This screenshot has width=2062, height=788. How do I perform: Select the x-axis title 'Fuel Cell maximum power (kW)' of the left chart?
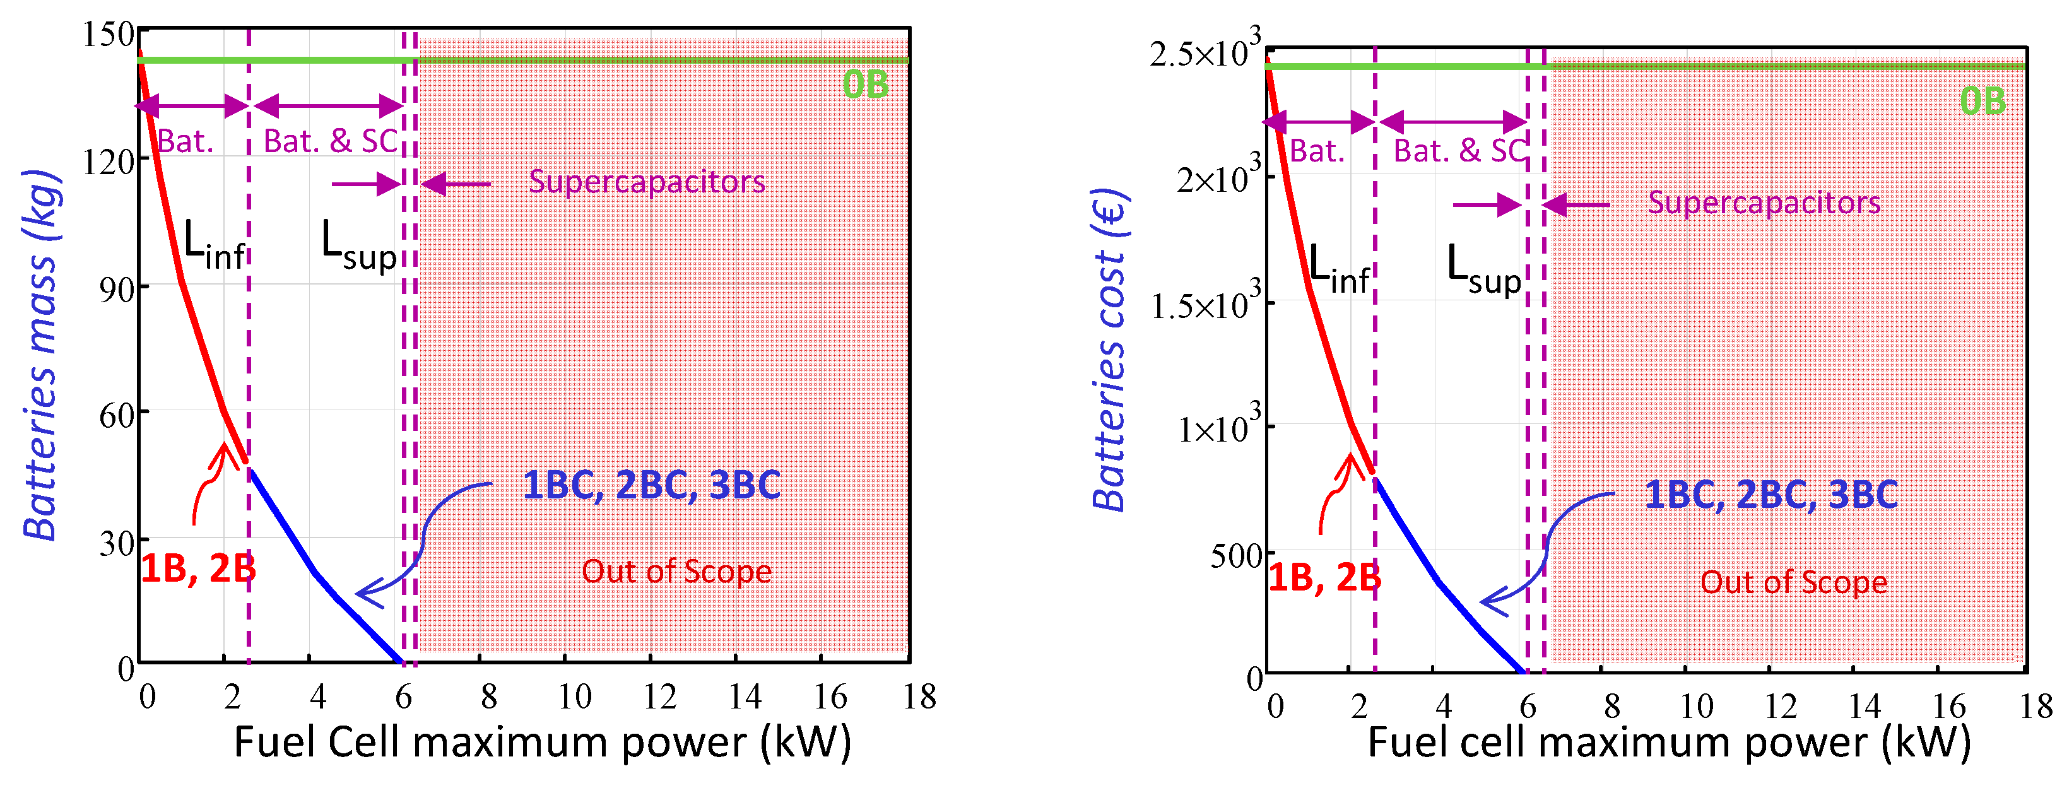click(x=542, y=743)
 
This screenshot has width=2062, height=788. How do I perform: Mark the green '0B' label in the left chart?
click(x=865, y=85)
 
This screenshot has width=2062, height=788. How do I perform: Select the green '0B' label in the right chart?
click(x=1982, y=102)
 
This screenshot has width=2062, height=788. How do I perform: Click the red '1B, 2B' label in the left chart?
click(x=197, y=569)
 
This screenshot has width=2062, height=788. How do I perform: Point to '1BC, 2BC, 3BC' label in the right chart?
click(x=1770, y=495)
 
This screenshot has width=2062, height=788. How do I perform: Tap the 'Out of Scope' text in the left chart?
click(x=676, y=571)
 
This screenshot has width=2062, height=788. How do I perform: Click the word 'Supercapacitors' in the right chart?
click(x=1764, y=203)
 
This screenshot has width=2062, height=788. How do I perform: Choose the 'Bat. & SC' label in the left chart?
click(x=331, y=141)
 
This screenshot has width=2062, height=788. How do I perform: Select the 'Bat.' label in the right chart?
click(x=1317, y=151)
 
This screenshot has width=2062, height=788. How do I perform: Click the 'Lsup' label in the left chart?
click(x=358, y=247)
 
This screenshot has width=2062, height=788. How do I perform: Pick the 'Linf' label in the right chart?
click(x=1338, y=269)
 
